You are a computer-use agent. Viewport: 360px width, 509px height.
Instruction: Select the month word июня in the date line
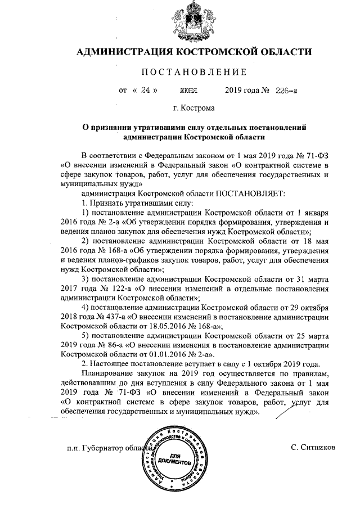tap(188, 91)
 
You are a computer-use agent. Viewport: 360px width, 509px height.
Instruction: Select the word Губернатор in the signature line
tap(102, 448)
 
